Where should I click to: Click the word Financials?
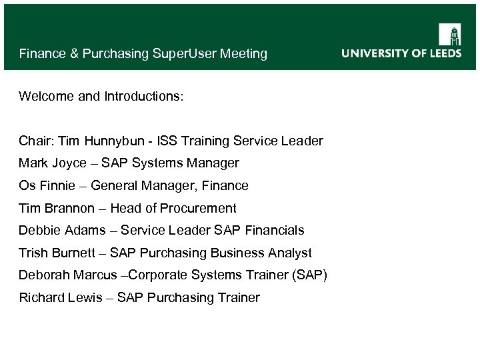click(x=274, y=231)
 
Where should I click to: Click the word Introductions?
click(x=143, y=97)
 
